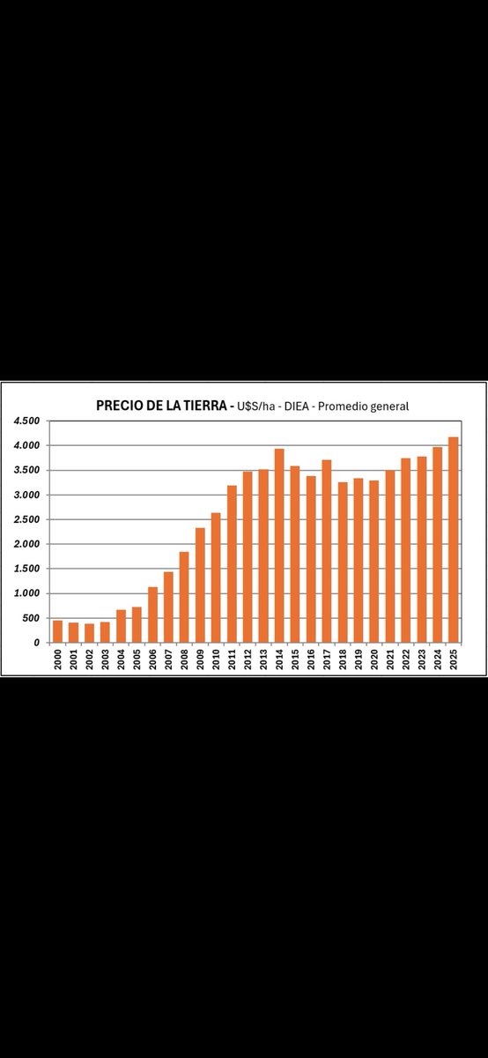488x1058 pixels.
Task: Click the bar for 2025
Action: pos(453,540)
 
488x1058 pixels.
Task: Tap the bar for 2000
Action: pos(57,631)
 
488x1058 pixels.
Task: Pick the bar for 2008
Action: pos(184,597)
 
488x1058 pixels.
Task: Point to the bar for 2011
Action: pos(232,564)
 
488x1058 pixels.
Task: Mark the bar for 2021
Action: pos(390,556)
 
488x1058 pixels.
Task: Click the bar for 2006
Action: pos(152,615)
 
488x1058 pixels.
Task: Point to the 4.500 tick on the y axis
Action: pos(26,421)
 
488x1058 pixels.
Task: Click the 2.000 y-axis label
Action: pos(26,544)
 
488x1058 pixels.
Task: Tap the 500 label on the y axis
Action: pos(32,618)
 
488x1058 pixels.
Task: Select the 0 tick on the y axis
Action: pos(37,643)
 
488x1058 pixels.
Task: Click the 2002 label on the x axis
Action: pos(89,660)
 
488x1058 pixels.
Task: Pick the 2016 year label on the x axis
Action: pos(311,660)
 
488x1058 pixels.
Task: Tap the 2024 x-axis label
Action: pos(438,660)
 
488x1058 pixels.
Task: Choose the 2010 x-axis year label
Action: pos(216,660)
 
